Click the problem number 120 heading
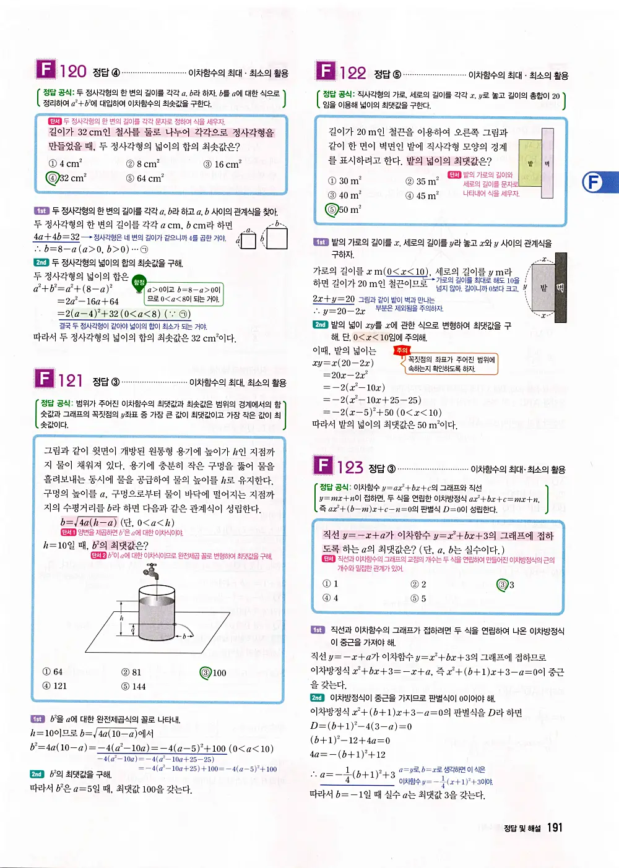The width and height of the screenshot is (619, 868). [x=72, y=71]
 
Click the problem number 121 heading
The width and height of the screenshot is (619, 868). [x=71, y=380]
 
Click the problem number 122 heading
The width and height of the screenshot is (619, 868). [x=352, y=73]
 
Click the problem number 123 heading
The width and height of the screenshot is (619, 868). [x=350, y=467]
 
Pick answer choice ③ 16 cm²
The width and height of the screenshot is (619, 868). [x=222, y=164]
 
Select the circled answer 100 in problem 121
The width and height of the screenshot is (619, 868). [x=214, y=672]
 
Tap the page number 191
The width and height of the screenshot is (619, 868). [x=555, y=828]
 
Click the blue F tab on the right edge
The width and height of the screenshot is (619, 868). [x=594, y=183]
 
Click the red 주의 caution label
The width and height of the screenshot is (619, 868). [x=402, y=350]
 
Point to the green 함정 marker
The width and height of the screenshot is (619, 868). [x=139, y=283]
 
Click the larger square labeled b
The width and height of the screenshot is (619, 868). [x=277, y=238]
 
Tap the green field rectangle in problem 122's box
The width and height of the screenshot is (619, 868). [x=530, y=163]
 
